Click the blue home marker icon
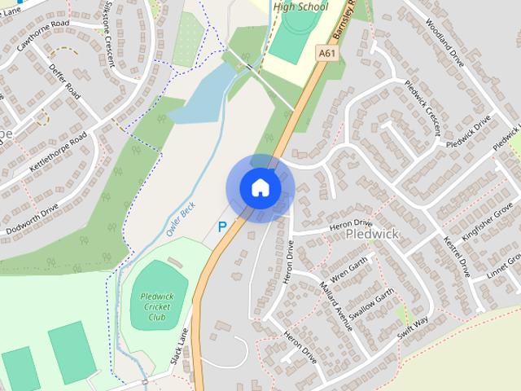point(260,188)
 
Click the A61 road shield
point(327,54)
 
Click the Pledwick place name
point(371,234)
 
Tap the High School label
point(300,7)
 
